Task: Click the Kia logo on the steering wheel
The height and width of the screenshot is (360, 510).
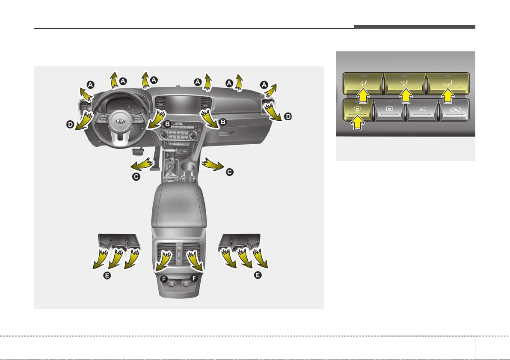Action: [120, 122]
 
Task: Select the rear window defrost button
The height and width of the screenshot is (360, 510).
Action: [390, 110]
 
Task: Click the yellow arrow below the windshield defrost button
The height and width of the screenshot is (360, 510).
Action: [358, 123]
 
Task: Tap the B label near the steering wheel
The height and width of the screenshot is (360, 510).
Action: [167, 124]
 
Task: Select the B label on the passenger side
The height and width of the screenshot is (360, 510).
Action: [223, 122]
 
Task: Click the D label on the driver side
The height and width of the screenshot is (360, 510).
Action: [70, 124]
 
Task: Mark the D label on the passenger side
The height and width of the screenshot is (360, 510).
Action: [288, 116]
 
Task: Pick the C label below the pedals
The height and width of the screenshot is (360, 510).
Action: [136, 177]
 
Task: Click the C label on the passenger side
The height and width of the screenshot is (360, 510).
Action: [230, 172]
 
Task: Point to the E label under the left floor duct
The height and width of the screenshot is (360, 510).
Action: [107, 275]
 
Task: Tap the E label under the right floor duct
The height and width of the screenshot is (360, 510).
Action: [258, 275]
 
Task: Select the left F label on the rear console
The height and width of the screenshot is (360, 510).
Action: [164, 279]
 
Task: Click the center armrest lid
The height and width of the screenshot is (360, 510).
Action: [179, 205]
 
